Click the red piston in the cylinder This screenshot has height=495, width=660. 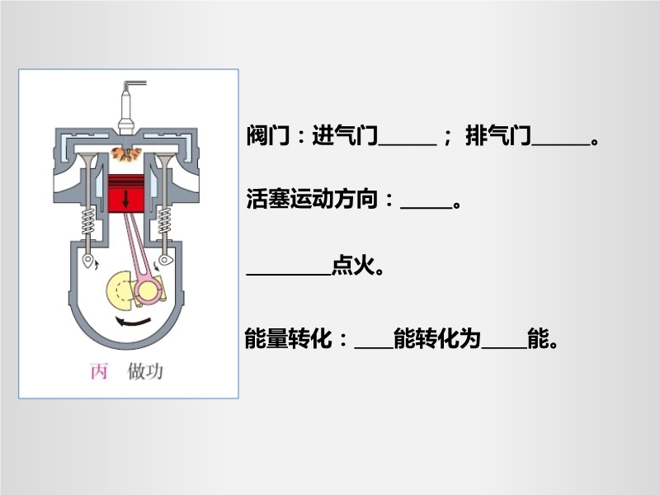pyautogui.click(x=126, y=193)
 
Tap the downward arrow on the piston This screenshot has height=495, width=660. pyautogui.click(x=125, y=199)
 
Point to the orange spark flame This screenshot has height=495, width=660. pyautogui.click(x=125, y=154)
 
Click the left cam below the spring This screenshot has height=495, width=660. pyautogui.click(x=88, y=261)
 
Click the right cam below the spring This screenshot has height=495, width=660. pyautogui.click(x=166, y=260)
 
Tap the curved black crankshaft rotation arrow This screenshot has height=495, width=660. pyautogui.click(x=133, y=322)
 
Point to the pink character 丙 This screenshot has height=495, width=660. pyautogui.click(x=99, y=371)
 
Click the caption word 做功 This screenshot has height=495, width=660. pyautogui.click(x=145, y=371)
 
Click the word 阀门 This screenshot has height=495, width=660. pyautogui.click(x=268, y=135)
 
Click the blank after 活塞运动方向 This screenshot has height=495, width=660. pyautogui.click(x=427, y=207)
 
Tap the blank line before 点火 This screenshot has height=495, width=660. pyautogui.click(x=289, y=275)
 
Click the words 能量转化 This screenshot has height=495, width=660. pyautogui.click(x=288, y=338)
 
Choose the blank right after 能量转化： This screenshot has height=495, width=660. pyautogui.click(x=374, y=347)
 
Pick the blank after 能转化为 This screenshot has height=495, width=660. pyautogui.click(x=504, y=347)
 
